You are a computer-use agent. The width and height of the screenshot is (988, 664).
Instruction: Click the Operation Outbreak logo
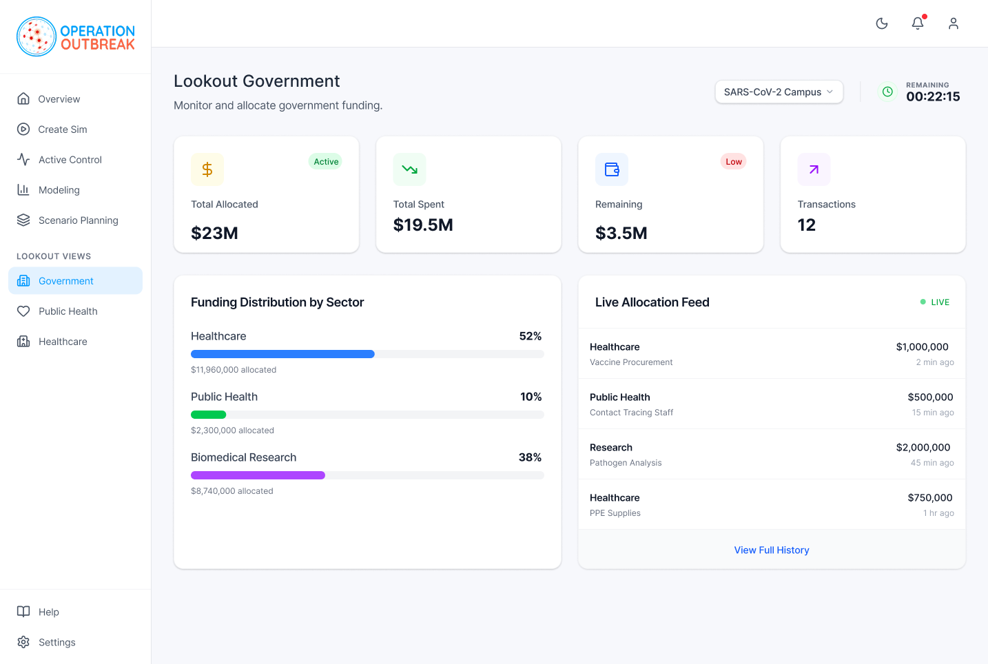pos(75,37)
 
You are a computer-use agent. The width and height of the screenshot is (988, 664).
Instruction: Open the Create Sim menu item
pos(62,129)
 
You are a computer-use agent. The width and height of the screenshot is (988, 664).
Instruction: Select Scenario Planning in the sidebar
pos(78,220)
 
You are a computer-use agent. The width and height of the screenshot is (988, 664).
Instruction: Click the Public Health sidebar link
pos(68,311)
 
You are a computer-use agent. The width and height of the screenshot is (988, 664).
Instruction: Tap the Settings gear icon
pos(23,642)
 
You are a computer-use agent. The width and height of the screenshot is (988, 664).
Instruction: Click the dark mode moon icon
pos(882,23)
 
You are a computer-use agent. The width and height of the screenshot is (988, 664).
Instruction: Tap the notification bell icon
pos(918,23)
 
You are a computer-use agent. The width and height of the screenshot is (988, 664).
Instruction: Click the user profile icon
pos(954,23)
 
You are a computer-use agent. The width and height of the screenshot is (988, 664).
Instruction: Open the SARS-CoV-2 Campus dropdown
pos(779,92)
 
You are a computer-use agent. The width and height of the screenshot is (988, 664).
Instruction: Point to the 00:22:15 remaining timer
pos(933,97)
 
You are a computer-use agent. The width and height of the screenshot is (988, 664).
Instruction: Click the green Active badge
pos(326,162)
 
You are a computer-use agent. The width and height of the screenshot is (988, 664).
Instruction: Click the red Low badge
pos(734,162)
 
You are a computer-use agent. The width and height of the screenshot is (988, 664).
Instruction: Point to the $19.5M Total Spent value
pos(423,225)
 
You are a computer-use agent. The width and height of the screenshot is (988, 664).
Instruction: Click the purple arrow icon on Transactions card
pos(814,169)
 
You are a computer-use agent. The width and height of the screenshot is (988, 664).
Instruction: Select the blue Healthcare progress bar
pos(282,354)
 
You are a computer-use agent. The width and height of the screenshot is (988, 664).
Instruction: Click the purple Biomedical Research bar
pos(258,475)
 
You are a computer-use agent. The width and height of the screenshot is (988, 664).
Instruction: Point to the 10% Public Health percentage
pos(531,397)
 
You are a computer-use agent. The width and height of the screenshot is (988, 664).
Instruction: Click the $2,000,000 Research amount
pos(923,448)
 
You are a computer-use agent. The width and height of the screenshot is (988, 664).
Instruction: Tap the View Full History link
pos(772,550)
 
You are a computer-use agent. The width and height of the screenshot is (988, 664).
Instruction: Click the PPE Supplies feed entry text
pos(615,513)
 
